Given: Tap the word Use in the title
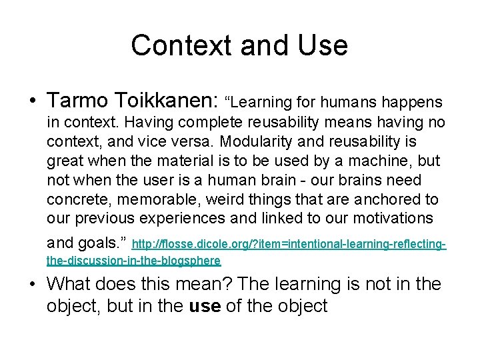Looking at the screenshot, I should pos(324,45).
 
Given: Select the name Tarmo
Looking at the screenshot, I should pos(77,101).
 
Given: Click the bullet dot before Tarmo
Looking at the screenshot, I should pos(32,101).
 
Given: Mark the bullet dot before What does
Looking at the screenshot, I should pos(32,285).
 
